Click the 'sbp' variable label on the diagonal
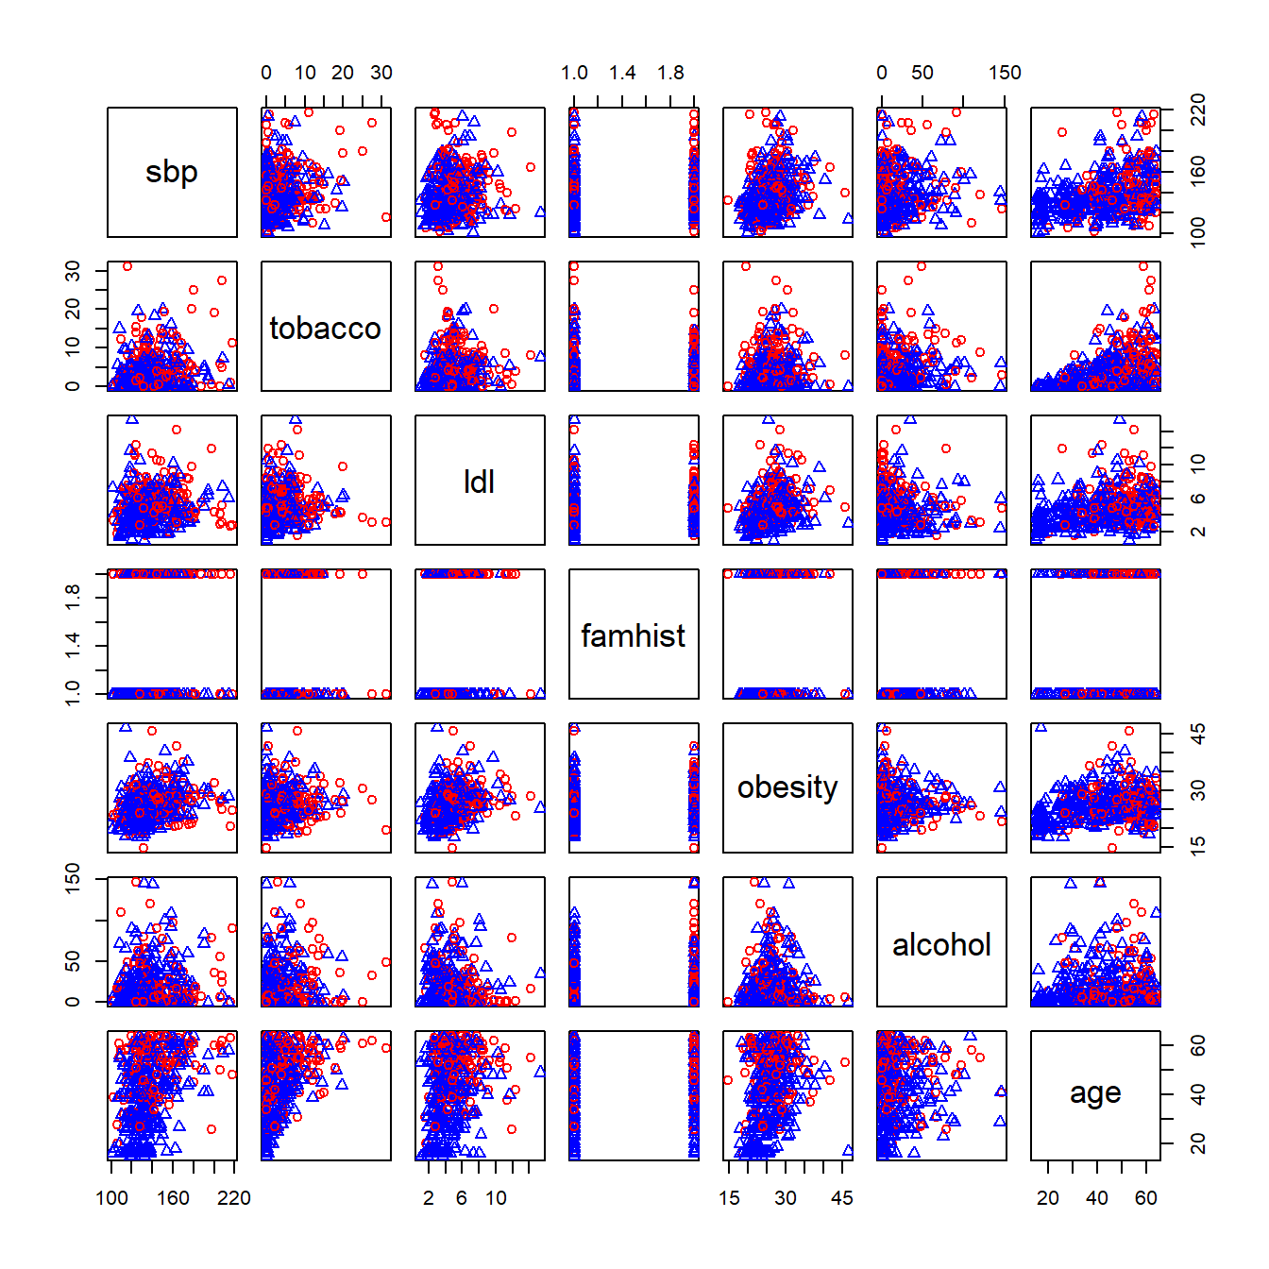(x=172, y=172)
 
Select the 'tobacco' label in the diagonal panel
(x=326, y=328)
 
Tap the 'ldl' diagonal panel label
(x=480, y=482)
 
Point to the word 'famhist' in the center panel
(x=634, y=635)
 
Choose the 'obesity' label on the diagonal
(x=787, y=787)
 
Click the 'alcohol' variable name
(x=941, y=944)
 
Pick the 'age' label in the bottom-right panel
(x=1095, y=1093)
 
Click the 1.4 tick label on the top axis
(x=622, y=73)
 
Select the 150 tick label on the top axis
(x=1005, y=73)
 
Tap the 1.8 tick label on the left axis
(x=73, y=597)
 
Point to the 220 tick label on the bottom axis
(x=234, y=1198)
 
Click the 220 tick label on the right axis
(x=1198, y=110)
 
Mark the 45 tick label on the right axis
(x=1198, y=734)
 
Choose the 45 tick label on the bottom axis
(x=842, y=1198)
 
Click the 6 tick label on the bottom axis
(x=462, y=1198)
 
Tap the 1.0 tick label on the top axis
(x=574, y=73)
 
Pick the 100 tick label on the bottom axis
(x=112, y=1198)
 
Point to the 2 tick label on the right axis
(x=1198, y=532)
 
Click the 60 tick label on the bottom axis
(x=1146, y=1198)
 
